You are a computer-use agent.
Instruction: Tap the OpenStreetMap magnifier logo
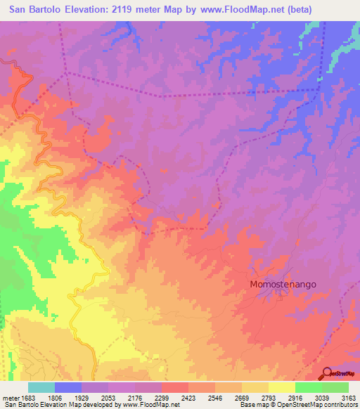[x=326, y=373]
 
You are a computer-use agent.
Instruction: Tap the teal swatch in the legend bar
[x=41, y=387]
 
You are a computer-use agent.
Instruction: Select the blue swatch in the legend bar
[x=68, y=387]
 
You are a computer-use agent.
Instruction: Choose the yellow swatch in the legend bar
[x=281, y=387]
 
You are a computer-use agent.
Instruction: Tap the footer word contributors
[x=340, y=405]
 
